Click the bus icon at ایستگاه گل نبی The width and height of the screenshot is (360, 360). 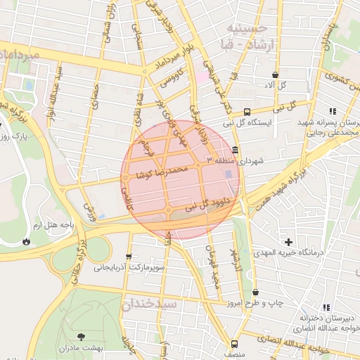(247, 112)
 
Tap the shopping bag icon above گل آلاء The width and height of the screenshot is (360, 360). (274, 75)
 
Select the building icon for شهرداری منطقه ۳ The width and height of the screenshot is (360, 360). (234, 150)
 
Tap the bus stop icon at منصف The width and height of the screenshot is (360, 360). (235, 345)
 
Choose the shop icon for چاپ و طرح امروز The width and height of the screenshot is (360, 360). (255, 292)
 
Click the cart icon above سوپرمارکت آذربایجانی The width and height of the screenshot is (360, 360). (128, 257)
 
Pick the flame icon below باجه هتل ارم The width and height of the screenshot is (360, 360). (27, 240)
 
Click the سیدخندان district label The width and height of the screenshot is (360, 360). (150, 304)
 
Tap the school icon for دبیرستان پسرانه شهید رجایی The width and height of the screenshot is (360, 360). (332, 111)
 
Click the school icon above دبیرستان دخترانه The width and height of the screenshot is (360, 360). (326, 307)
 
